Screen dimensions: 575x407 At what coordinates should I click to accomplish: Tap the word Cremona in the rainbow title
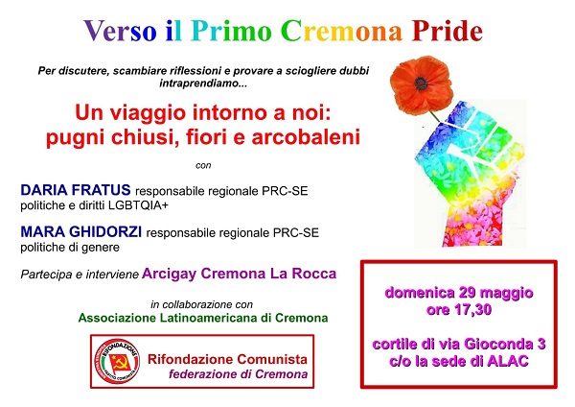pos(342,31)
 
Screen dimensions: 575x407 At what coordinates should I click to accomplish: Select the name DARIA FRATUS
pos(76,190)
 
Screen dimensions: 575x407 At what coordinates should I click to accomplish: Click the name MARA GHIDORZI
pos(81,231)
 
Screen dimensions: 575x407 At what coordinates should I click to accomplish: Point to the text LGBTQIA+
pos(138,205)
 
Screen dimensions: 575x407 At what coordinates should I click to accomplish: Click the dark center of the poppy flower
pos(421,84)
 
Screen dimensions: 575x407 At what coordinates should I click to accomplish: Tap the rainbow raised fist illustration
pos(471,174)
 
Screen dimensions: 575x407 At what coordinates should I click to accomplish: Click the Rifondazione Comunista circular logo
pos(117,362)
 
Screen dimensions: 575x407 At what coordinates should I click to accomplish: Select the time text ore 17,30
pos(459,310)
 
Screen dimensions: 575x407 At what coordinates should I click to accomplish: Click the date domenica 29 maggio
pos(459,293)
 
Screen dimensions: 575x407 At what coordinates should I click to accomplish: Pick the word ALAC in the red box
pos(508,361)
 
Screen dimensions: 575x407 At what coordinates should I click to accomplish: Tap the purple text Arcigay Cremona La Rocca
pos(239,274)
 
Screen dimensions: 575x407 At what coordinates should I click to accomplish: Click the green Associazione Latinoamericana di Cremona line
pos(203,318)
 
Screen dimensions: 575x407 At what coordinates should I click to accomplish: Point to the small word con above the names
pos(203,166)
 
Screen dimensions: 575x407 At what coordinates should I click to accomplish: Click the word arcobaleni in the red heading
pos(306,137)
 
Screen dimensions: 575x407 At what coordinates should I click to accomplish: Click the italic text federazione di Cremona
pos(238,374)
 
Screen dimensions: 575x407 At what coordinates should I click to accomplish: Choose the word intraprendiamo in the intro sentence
pos(203,84)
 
